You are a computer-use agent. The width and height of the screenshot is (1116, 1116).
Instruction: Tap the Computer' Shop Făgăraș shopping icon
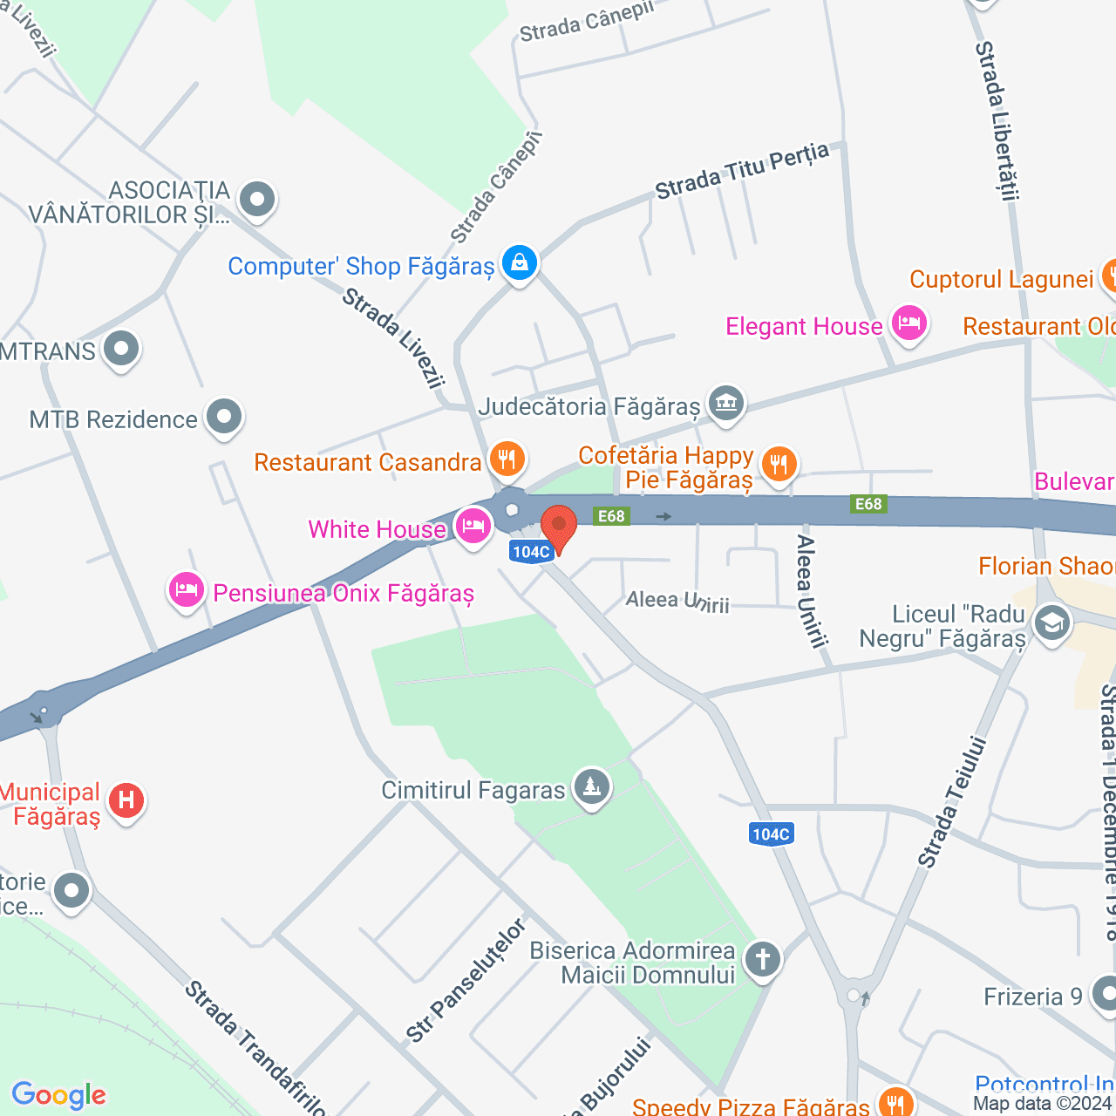point(520,262)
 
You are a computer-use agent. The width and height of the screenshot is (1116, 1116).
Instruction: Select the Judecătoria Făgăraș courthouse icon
point(725,404)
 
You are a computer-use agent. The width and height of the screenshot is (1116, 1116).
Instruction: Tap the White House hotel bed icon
point(473,527)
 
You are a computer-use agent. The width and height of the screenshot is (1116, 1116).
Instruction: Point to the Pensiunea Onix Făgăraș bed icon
point(187,590)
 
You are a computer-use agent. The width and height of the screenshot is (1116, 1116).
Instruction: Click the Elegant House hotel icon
point(908,324)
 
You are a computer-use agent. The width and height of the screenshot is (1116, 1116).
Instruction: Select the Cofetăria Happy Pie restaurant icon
point(779,464)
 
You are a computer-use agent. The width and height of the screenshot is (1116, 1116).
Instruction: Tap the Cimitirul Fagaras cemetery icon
point(592,787)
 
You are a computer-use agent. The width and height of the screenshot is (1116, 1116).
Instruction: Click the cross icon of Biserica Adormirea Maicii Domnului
point(763,959)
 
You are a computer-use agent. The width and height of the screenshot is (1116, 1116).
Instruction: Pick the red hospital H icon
point(126,800)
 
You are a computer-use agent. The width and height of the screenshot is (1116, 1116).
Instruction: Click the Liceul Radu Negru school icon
point(1051,623)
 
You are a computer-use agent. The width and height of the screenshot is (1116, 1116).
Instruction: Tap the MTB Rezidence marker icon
point(224,417)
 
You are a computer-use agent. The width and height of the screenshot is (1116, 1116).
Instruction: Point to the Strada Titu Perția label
point(741,172)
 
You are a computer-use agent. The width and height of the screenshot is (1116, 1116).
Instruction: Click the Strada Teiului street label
point(952,802)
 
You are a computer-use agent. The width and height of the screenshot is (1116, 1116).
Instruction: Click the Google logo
point(59,1095)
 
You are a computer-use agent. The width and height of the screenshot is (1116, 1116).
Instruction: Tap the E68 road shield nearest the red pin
point(611,516)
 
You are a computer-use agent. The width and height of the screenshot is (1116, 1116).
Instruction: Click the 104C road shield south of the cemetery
point(771,834)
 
